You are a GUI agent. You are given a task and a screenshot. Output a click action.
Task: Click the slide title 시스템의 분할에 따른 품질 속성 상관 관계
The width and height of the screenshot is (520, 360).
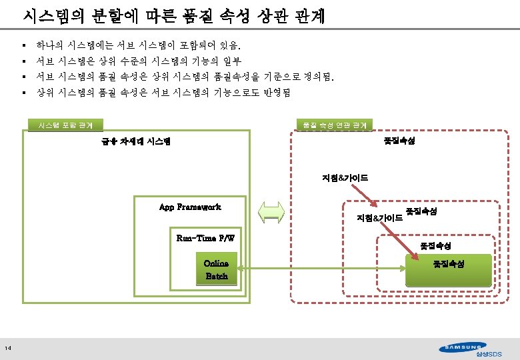click(x=173, y=16)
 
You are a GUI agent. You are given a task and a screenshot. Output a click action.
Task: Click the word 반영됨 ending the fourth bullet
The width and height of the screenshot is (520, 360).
click(x=276, y=93)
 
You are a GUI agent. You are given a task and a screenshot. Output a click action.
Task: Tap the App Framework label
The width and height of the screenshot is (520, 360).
click(x=190, y=207)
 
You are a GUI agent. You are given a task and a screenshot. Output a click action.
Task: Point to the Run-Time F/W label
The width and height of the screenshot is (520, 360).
click(x=205, y=238)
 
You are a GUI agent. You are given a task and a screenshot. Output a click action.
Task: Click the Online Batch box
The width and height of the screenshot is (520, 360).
click(x=217, y=270)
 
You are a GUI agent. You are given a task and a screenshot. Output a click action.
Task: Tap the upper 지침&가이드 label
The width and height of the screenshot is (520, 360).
click(x=345, y=178)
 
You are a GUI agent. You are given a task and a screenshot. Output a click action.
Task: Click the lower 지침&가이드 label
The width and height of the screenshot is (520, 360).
click(x=379, y=218)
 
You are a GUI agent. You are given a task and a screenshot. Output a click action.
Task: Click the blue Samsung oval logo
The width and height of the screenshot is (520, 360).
click(x=463, y=346)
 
